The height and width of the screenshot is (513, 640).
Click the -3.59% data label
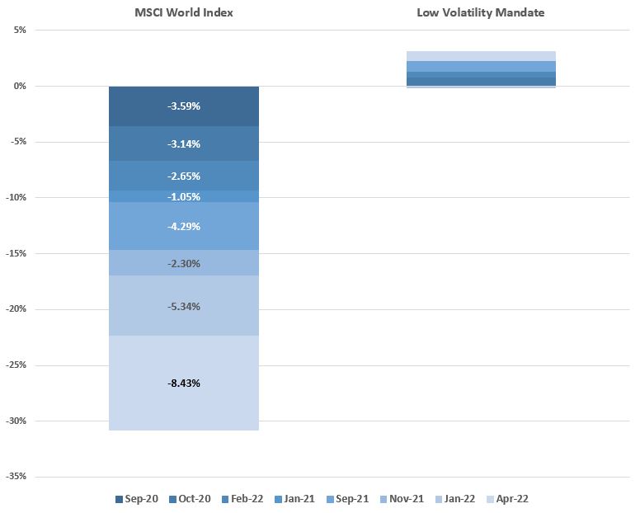coord(184,106)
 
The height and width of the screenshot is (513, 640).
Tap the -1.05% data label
coord(184,196)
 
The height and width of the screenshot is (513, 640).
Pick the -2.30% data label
coord(184,264)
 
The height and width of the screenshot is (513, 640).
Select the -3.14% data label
coord(184,144)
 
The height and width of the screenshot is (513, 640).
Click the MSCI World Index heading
coord(184,13)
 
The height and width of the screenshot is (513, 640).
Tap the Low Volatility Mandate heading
coord(481,13)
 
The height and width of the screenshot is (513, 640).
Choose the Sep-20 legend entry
coord(138,499)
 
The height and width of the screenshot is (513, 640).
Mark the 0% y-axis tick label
coord(20,86)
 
